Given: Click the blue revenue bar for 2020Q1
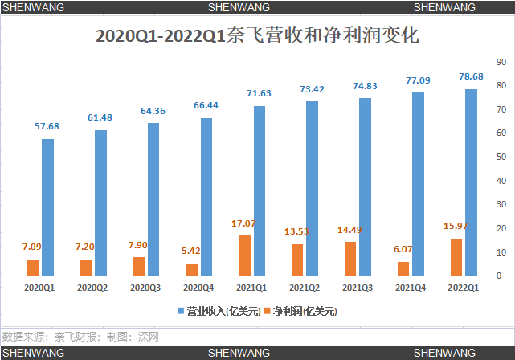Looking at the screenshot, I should pos(48,207).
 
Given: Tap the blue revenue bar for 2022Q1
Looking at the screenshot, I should pos(471,182).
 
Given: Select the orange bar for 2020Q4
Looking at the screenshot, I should pos(191,269).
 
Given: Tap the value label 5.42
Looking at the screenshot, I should pos(190,251).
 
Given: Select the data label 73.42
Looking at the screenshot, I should pos(312,89).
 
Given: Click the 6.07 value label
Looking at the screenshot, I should pos(403,250).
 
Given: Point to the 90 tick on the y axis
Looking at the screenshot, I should pos(501,62).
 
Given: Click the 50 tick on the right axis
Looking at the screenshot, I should pos(501,157).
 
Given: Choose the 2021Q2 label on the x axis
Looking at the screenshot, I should pos(304,287).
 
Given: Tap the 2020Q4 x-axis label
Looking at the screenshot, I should pos(198,287).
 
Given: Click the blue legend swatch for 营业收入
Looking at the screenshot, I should pos(180,310).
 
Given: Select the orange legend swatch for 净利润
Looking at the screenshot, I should pos(267,310).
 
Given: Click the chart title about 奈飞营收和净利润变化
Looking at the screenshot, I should pos(256,35).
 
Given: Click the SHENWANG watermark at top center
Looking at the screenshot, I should pos(239,6).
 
